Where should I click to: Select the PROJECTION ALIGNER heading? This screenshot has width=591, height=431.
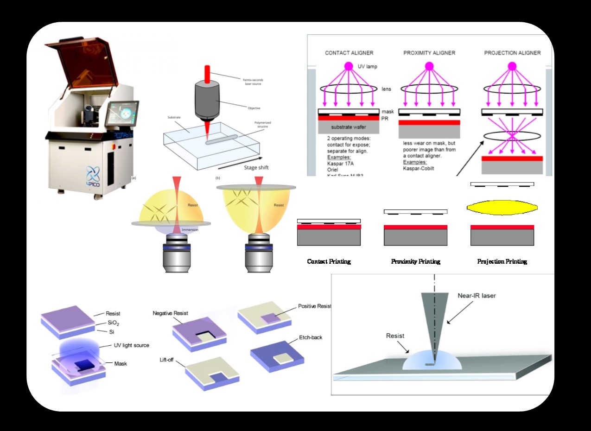pos(512,53)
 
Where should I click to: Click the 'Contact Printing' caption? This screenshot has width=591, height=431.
pos(329,261)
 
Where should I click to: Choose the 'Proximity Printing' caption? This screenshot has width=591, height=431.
pos(415,261)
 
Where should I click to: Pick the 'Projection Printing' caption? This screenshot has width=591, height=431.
pos(502,261)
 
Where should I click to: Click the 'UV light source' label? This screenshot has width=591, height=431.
pos(132,346)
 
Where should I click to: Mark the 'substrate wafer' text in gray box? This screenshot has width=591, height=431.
pos(349,127)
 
